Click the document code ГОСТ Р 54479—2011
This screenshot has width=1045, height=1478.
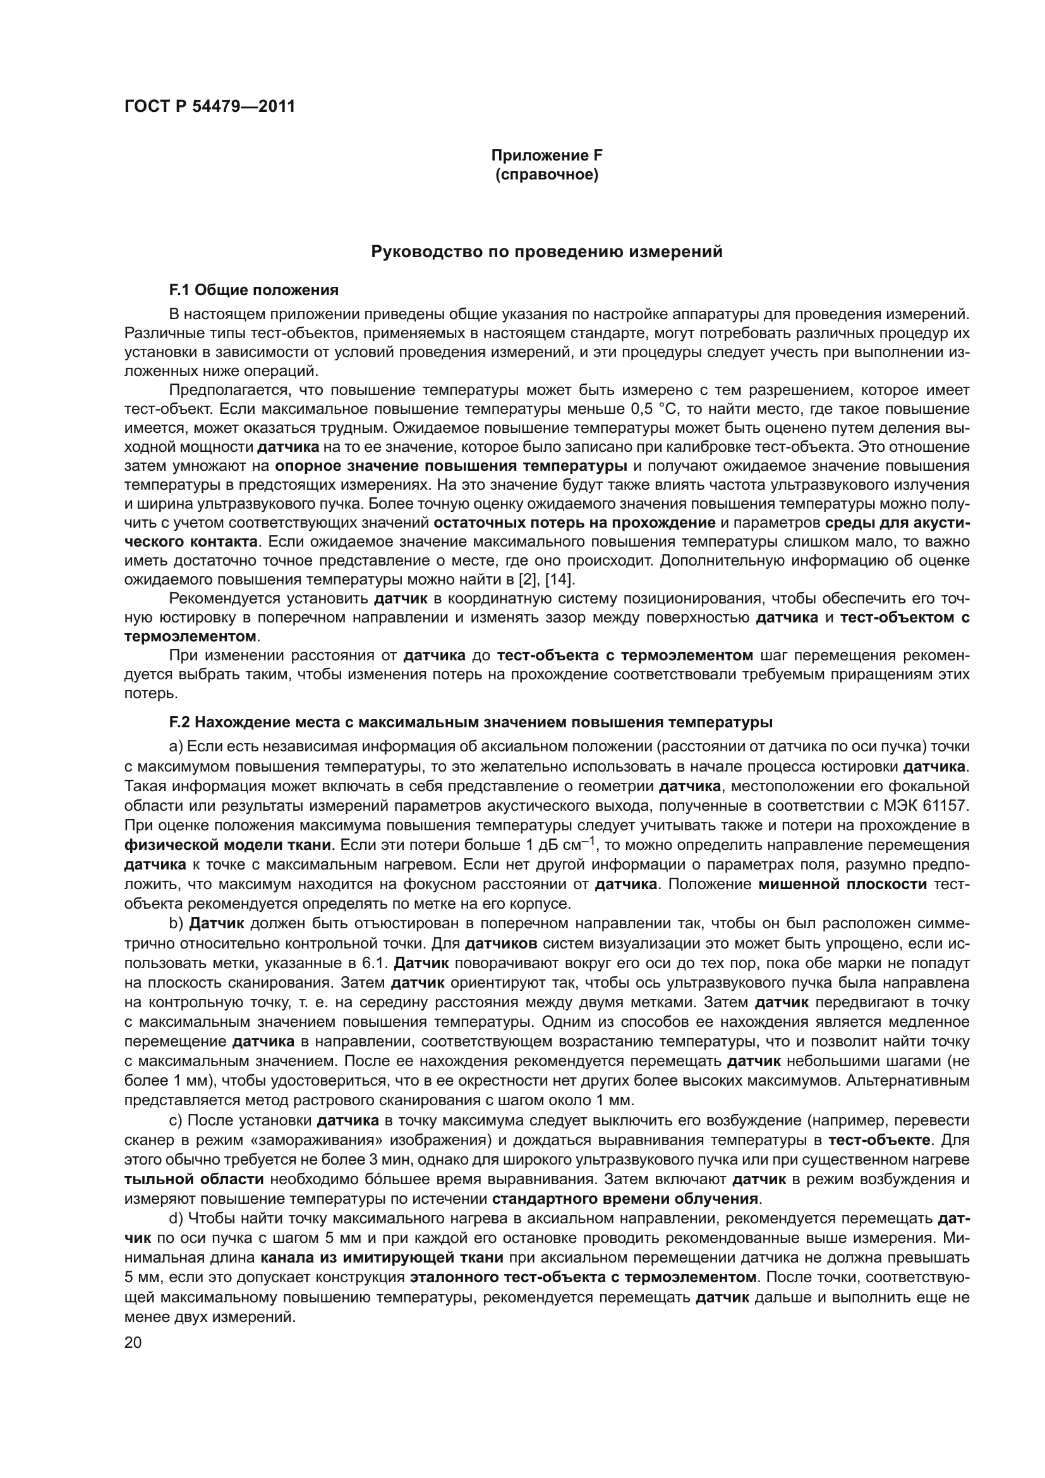pyautogui.click(x=209, y=106)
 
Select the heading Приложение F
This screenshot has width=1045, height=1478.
pyautogui.click(x=547, y=155)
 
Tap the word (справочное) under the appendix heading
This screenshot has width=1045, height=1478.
pyautogui.click(x=547, y=174)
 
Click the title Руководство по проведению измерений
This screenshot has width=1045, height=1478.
pyautogui.click(x=547, y=251)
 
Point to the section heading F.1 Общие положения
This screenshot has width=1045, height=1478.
pyautogui.click(x=253, y=290)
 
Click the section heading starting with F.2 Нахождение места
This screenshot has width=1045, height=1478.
pyautogui.click(x=471, y=722)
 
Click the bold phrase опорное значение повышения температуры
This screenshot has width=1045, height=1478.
pyautogui.click(x=451, y=466)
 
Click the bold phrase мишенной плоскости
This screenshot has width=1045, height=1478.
pyautogui.click(x=843, y=885)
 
